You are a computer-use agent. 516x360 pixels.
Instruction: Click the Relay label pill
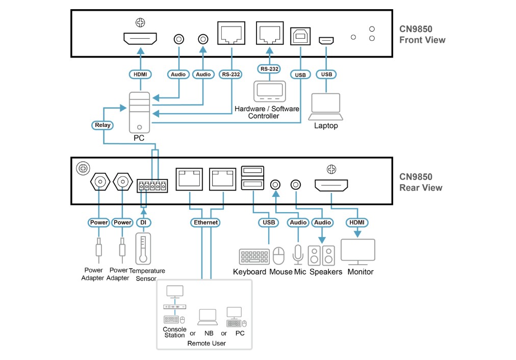(103, 125)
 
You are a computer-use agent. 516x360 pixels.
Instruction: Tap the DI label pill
(143, 222)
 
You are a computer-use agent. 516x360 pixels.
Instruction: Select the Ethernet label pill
(205, 222)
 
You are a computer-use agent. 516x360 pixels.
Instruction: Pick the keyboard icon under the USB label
(254, 256)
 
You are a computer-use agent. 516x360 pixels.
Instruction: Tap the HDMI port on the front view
(140, 38)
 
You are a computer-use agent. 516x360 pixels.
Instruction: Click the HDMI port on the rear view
(331, 185)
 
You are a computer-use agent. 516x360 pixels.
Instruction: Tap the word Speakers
(326, 272)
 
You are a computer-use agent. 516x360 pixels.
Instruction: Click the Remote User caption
(206, 343)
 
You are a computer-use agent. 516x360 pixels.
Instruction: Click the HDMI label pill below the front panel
(140, 74)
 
